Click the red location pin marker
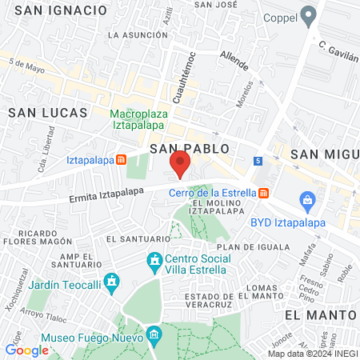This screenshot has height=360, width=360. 180,165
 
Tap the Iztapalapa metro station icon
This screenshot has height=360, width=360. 121,159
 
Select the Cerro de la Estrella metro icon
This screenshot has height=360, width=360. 263,193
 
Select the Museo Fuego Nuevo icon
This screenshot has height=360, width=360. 155,334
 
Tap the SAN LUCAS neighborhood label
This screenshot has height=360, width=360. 41,114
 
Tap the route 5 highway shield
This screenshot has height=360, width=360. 258,161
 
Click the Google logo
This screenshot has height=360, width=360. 26,350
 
